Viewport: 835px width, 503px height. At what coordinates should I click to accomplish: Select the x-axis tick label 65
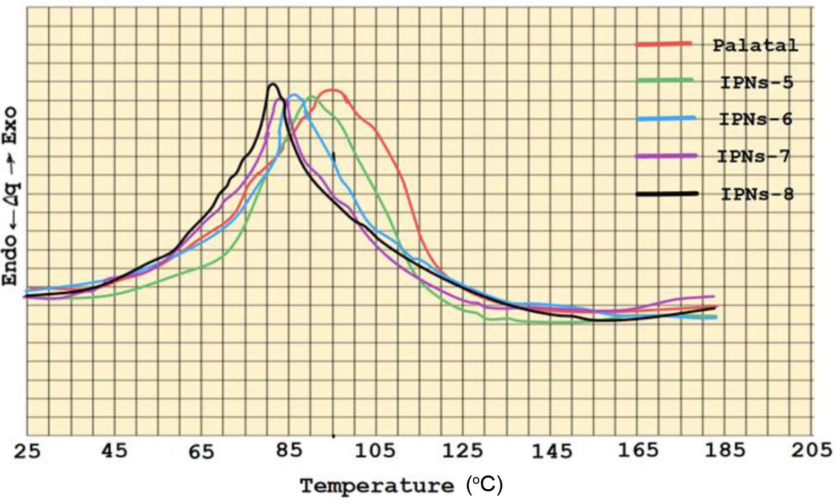click(201, 451)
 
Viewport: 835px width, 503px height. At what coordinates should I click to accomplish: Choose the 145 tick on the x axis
click(552, 451)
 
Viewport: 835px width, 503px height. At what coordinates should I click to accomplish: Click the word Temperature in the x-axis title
click(377, 486)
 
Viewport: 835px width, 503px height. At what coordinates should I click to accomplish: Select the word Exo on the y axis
click(10, 126)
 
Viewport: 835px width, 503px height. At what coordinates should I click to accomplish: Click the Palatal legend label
click(755, 45)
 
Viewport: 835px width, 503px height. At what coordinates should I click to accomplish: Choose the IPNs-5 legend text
click(757, 83)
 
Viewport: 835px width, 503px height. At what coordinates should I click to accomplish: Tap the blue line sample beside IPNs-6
click(666, 119)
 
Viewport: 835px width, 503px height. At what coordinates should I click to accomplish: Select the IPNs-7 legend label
click(753, 156)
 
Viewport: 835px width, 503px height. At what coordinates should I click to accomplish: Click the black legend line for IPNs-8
click(667, 194)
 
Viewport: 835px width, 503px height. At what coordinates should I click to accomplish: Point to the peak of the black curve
click(273, 84)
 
